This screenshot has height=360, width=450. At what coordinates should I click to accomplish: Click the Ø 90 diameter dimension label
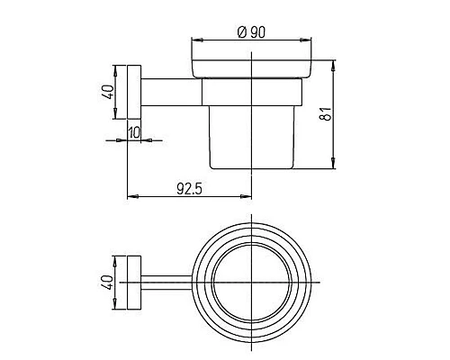click(x=251, y=32)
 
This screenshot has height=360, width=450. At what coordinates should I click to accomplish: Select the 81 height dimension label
click(x=326, y=113)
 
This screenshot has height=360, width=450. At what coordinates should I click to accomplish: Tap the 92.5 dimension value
click(x=190, y=189)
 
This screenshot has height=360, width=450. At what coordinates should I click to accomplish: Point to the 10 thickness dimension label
click(x=134, y=132)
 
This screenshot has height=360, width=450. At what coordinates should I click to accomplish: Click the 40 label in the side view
click(x=108, y=92)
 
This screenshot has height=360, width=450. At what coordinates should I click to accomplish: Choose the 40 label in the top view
click(x=107, y=283)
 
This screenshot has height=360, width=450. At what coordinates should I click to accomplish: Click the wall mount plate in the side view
click(x=134, y=92)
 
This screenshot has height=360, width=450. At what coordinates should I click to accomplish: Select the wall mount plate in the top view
click(x=134, y=283)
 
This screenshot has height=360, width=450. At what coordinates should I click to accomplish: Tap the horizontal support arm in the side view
click(x=172, y=93)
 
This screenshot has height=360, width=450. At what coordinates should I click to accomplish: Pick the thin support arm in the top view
click(x=166, y=283)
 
